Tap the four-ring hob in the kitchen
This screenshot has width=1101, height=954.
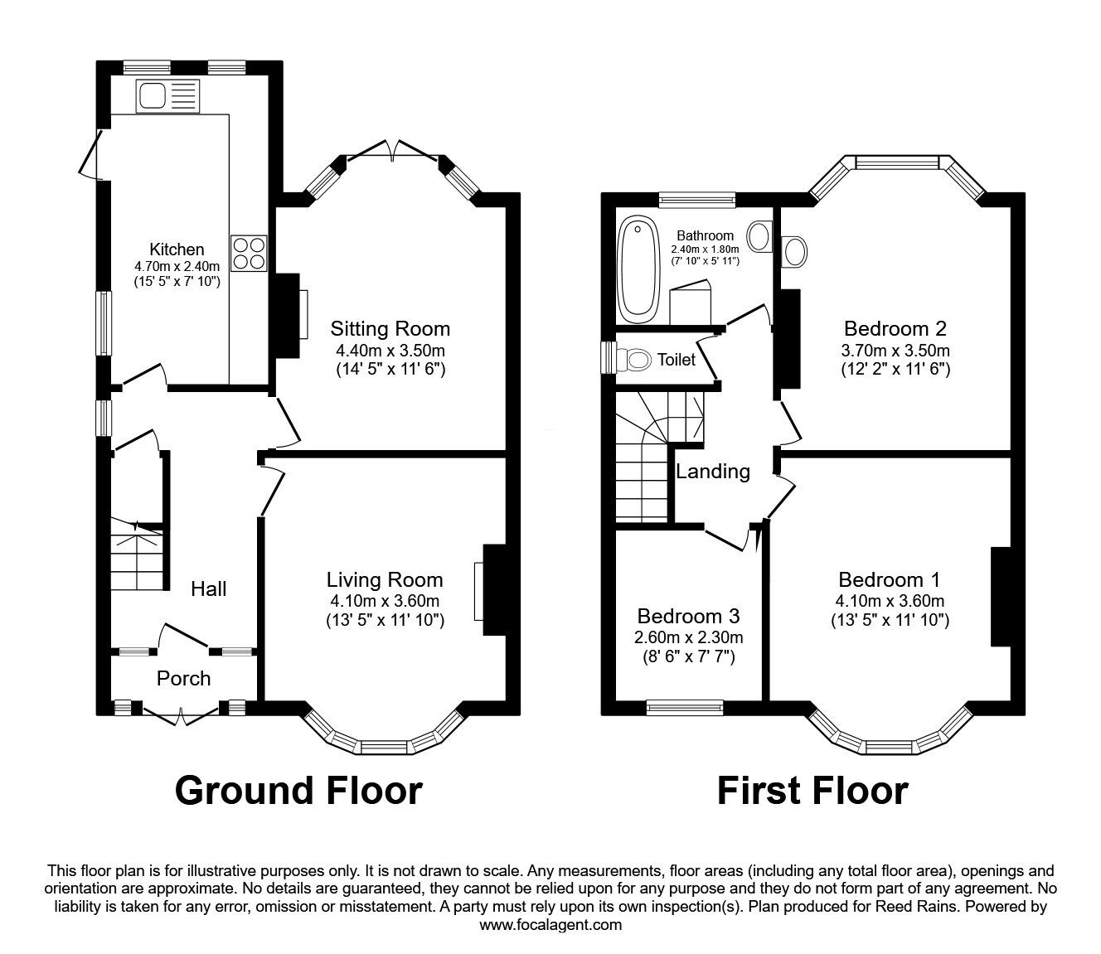pyautogui.click(x=249, y=253)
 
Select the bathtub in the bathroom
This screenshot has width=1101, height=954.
pyautogui.click(x=638, y=269)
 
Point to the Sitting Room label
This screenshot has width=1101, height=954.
pyautogui.click(x=390, y=328)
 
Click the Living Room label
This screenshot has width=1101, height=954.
pyautogui.click(x=384, y=580)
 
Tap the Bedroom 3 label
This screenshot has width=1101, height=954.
pyautogui.click(x=688, y=617)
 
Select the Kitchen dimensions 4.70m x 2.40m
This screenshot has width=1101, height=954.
pyautogui.click(x=177, y=266)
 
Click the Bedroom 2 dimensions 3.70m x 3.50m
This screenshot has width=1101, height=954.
pyautogui.click(x=895, y=350)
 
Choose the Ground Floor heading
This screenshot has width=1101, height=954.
pyautogui.click(x=298, y=791)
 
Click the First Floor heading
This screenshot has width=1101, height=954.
pyautogui.click(x=812, y=791)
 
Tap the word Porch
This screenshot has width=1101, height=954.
pyautogui.click(x=183, y=679)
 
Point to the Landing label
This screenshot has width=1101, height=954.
pyautogui.click(x=713, y=472)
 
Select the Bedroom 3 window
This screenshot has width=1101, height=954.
pyautogui.click(x=684, y=707)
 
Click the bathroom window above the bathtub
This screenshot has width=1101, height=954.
pyautogui.click(x=697, y=199)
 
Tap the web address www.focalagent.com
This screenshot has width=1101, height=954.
pyautogui.click(x=550, y=925)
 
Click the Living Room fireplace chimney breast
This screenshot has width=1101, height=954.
pyautogui.click(x=495, y=589)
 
